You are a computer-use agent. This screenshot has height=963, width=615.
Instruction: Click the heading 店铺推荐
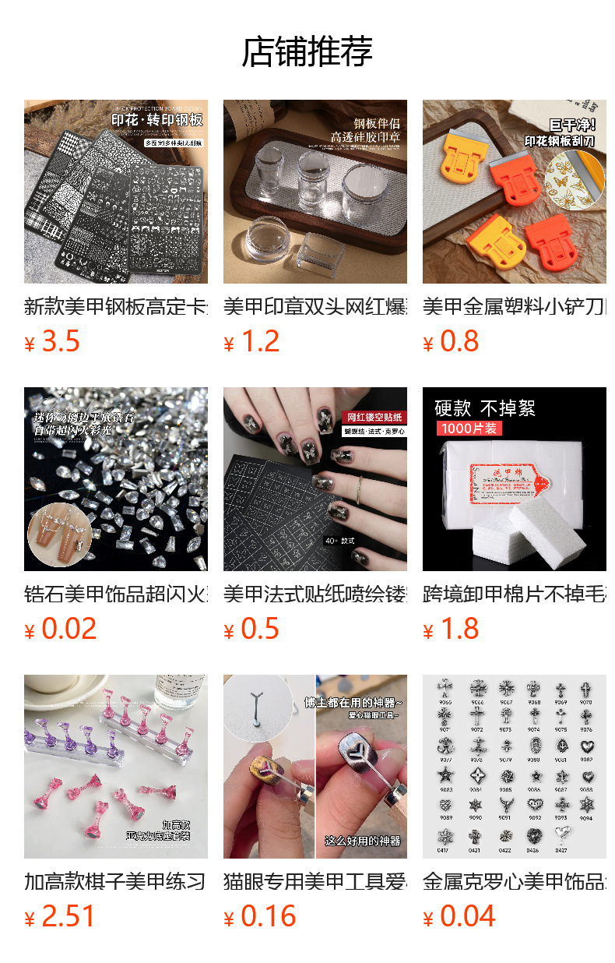click(x=307, y=52)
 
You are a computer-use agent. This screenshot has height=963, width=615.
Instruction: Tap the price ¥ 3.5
click(x=52, y=341)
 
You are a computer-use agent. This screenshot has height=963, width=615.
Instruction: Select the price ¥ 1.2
click(x=251, y=341)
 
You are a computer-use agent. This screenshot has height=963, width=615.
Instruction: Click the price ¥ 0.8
click(x=451, y=341)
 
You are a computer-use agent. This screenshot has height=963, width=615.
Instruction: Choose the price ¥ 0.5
click(x=251, y=629)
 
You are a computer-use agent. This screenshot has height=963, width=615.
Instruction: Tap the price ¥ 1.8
click(x=451, y=629)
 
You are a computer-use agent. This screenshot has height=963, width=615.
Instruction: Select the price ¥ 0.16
click(x=260, y=916)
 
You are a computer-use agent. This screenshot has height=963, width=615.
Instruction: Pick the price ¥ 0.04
click(x=459, y=916)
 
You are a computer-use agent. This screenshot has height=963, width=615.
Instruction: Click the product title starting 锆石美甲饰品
click(x=116, y=594)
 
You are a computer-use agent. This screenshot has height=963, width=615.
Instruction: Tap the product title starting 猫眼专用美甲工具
click(x=315, y=882)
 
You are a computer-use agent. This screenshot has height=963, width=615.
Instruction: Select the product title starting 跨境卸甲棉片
click(x=515, y=594)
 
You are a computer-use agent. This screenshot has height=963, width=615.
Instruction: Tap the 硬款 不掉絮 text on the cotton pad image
click(x=485, y=408)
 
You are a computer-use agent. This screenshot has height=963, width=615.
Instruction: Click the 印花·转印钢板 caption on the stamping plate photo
click(x=158, y=120)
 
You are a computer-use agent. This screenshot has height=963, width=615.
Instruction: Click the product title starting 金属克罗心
click(x=515, y=882)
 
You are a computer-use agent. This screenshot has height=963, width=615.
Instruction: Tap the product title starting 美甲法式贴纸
click(x=315, y=594)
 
